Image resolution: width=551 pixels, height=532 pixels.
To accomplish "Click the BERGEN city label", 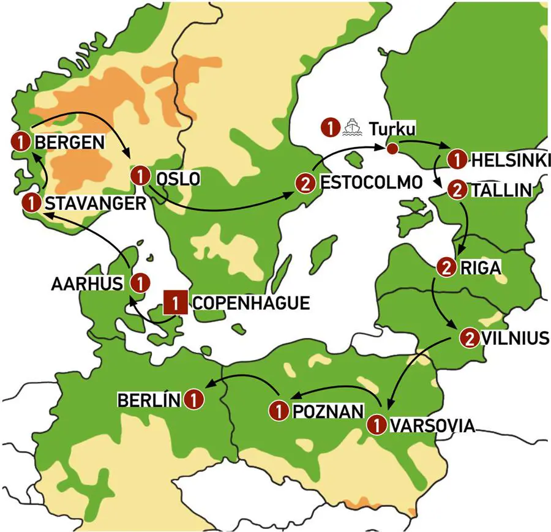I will point(70,142).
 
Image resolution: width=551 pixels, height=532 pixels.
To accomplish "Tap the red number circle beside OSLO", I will point(140,176).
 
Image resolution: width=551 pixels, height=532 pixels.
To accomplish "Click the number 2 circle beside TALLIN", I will point(456,190).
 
